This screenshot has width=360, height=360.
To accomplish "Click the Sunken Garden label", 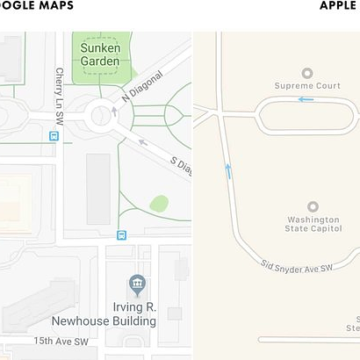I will point(100,54).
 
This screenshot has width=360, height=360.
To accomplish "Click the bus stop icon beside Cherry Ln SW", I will point(54,136).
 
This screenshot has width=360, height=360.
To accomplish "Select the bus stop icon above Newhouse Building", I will point(121,234).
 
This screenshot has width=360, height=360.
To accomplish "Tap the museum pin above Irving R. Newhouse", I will point(136,284).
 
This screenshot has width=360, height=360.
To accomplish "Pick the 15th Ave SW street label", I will point(61,341).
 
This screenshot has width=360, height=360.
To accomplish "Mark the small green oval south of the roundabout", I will point(159,204).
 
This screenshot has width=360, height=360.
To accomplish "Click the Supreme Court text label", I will point(306,85).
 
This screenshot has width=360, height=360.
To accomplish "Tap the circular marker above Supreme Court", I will point(306,72).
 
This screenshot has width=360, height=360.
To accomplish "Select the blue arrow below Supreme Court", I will point(306,99).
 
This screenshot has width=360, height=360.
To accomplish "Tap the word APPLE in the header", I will point(338,5).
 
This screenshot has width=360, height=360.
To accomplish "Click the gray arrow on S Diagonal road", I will point(143,141).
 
